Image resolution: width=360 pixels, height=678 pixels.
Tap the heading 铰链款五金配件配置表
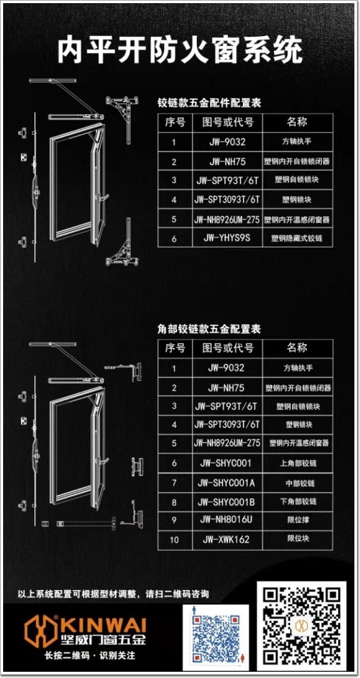(x=209, y=103)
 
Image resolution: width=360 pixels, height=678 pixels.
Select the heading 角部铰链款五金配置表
(x=209, y=329)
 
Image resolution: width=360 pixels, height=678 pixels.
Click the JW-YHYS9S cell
(x=227, y=238)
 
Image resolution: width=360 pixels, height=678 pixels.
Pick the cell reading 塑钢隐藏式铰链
(x=297, y=238)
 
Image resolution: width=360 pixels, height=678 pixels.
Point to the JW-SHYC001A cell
(x=227, y=482)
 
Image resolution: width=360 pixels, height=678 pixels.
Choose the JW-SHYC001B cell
(x=227, y=502)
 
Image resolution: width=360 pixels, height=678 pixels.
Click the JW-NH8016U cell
(x=227, y=520)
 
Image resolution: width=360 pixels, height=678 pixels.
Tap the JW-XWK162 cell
(x=227, y=540)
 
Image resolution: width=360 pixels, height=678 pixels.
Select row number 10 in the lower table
(x=174, y=540)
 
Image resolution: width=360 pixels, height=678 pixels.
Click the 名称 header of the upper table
(x=297, y=122)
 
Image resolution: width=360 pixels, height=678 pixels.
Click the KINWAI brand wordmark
(x=104, y=624)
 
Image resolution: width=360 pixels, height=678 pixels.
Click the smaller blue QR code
(x=216, y=637)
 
